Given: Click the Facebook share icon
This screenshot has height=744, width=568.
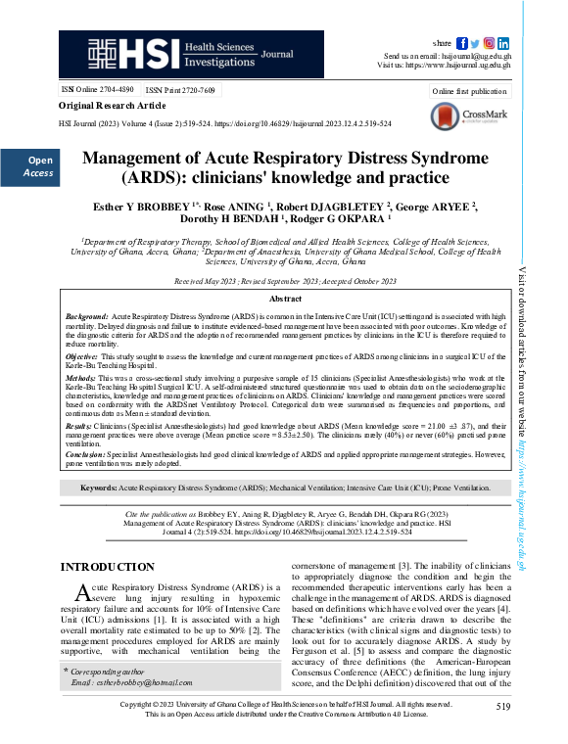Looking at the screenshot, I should tap(462, 43).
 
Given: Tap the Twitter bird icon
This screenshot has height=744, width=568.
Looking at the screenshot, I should tap(476, 43).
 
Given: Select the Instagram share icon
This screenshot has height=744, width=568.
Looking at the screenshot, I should tap(490, 43).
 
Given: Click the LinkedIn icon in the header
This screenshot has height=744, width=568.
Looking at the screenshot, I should tap(503, 43).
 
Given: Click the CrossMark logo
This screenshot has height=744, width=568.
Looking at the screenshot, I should tap(468, 116).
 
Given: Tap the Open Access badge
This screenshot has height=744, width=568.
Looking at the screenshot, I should tap(39, 166).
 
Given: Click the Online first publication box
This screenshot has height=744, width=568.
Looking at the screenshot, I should tap(469, 91).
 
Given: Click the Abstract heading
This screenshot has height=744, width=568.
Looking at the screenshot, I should tap(285, 298).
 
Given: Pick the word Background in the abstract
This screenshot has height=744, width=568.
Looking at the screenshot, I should tap(86, 319).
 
